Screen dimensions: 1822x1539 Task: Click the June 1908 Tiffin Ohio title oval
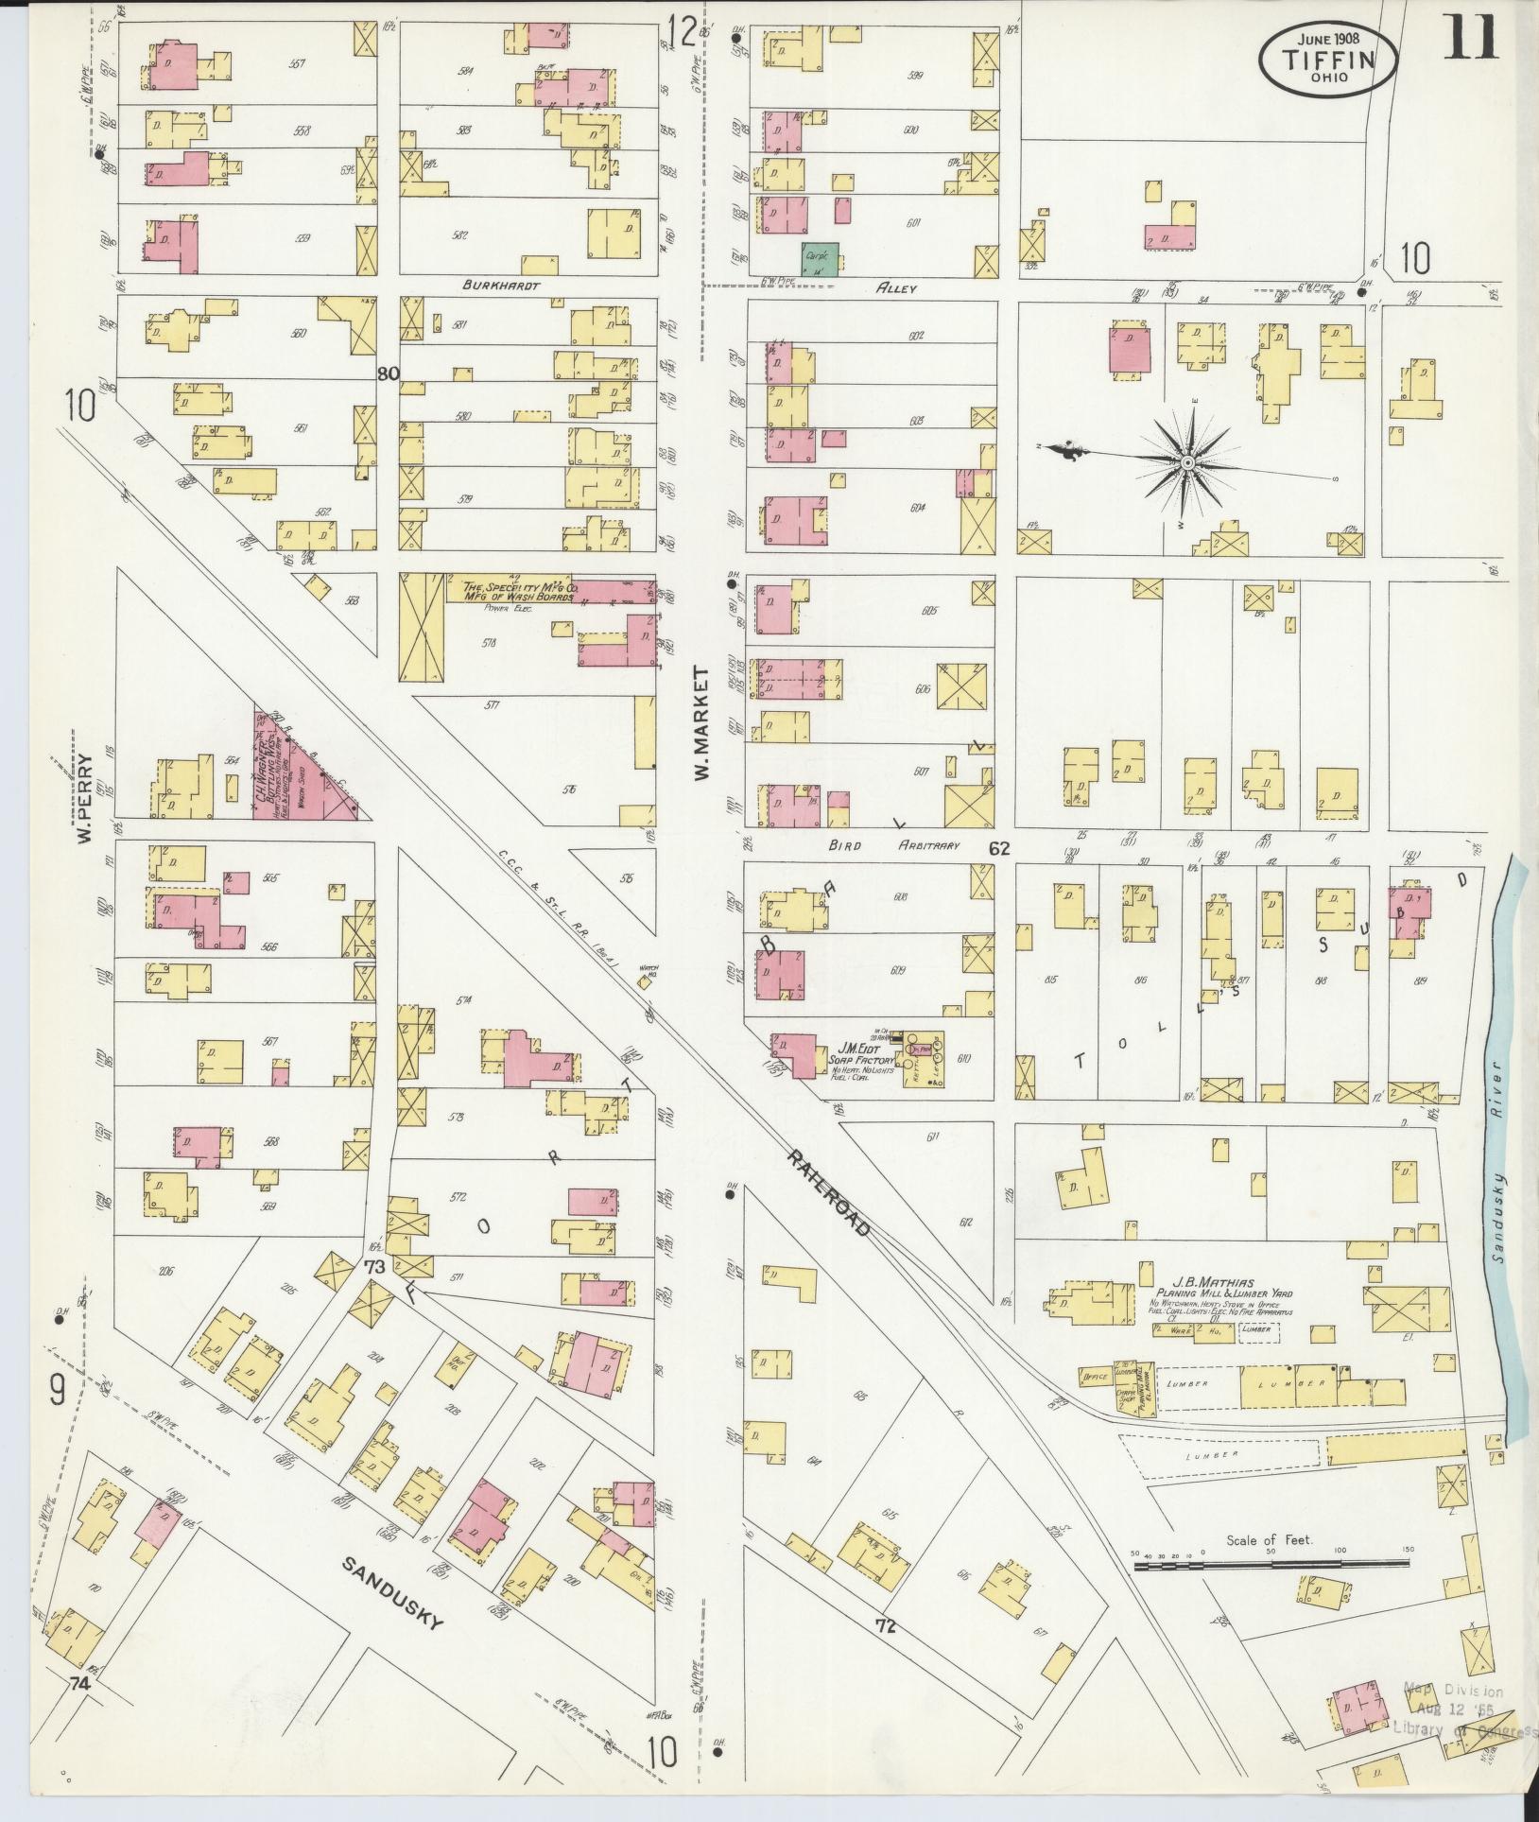[x=1327, y=58]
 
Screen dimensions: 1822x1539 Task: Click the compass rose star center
[x=1186, y=461]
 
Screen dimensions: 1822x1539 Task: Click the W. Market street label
[x=701, y=723]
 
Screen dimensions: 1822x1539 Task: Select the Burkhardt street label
[x=493, y=284]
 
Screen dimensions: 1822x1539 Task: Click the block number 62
[x=998, y=849]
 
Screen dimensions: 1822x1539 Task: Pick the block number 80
[x=388, y=373]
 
